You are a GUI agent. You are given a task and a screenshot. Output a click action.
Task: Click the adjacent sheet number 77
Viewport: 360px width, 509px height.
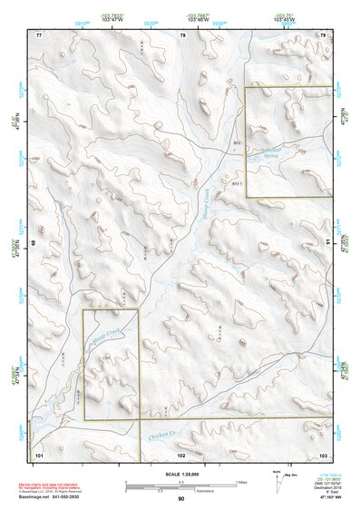[39, 34]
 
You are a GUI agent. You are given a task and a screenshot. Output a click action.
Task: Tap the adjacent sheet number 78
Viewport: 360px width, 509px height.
[183, 34]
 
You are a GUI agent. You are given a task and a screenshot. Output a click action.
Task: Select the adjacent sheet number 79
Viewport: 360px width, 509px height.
[322, 34]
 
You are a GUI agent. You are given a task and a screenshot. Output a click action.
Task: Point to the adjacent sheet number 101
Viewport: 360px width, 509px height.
[39, 453]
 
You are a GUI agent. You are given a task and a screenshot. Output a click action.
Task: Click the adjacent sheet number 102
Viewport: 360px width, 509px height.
[181, 453]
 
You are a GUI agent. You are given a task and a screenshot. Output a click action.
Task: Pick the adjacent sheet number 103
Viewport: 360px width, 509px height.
[322, 453]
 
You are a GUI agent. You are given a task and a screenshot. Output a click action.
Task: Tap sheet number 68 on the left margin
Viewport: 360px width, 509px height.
[35, 242]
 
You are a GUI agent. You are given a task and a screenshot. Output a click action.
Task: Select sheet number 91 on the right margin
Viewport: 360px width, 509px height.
[327, 242]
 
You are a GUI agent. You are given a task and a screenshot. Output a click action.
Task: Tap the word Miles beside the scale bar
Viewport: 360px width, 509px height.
[241, 481]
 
